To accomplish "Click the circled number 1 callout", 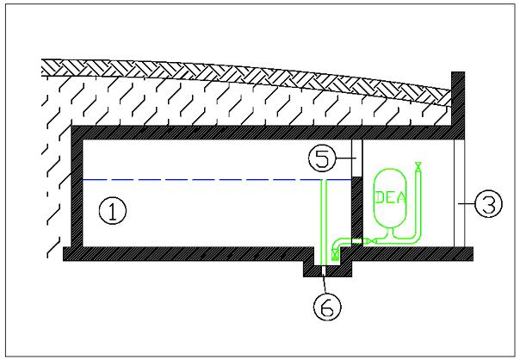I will click(x=112, y=209).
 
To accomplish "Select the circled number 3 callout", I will click(x=487, y=205).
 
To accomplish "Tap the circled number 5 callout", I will click(x=322, y=158).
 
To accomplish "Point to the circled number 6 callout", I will click(x=324, y=307).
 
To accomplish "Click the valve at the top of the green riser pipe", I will click(x=418, y=164).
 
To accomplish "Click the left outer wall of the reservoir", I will click(x=75, y=194).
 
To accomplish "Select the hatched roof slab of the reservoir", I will click(x=258, y=132).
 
